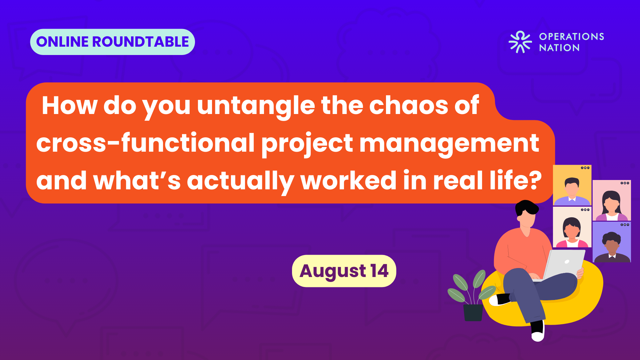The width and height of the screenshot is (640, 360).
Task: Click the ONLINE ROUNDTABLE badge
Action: coord(113,42)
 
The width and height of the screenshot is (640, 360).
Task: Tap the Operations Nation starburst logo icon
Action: coord(520,42)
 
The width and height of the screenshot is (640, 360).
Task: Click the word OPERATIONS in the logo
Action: coord(572,37)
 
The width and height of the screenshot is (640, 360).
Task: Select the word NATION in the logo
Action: coord(559,48)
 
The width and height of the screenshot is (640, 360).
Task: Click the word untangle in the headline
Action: coord(256,106)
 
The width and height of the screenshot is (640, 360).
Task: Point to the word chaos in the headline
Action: coord(409,106)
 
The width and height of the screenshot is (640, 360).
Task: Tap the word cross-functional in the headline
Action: coord(146,143)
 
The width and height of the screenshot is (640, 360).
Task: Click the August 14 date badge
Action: coord(344,271)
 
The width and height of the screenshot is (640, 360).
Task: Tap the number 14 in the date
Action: coord(379,271)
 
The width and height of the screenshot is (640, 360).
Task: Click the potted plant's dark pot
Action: coord(473,313)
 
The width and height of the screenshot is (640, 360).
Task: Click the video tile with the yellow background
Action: coord(572,185)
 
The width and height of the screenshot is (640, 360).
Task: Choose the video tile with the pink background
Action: coord(612,200)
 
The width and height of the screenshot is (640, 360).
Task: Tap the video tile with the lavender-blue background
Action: coord(612,242)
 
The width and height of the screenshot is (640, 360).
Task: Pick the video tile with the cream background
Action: coord(572,227)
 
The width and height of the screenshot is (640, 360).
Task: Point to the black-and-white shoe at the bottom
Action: coord(538,331)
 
